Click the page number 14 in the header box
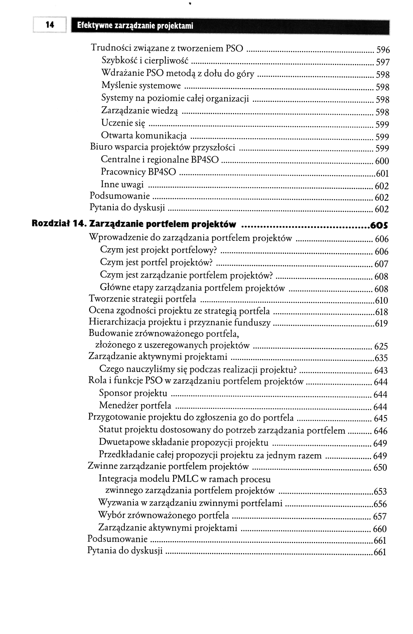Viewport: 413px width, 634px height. pos(50,25)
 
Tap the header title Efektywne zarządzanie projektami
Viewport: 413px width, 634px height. pos(135,26)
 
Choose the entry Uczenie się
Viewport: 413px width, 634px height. pos(123,123)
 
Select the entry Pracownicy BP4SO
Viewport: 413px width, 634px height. pos(138,172)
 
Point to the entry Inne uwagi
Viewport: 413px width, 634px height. pos(122,184)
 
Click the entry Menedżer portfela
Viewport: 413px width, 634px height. pos(135,405)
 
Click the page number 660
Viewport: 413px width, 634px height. pos(380,529)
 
